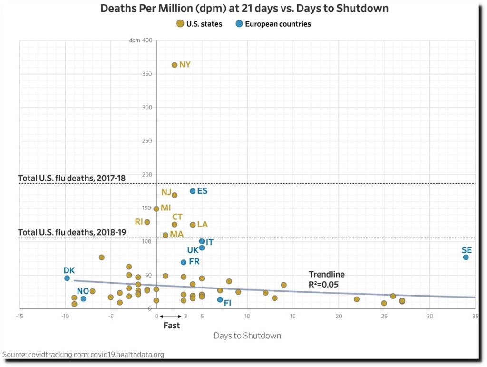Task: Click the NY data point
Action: [175, 65]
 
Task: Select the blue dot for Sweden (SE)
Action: [466, 257]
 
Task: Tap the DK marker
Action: [67, 278]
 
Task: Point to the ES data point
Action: [193, 191]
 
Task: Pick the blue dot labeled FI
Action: [220, 299]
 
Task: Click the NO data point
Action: [83, 298]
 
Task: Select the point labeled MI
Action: [156, 208]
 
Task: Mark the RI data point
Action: [147, 222]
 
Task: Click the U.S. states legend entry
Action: [199, 24]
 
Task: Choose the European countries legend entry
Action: [273, 24]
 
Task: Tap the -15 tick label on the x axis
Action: [19, 316]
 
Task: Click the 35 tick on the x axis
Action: [475, 316]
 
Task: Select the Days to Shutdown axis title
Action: [247, 336]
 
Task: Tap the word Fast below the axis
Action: [172, 326]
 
